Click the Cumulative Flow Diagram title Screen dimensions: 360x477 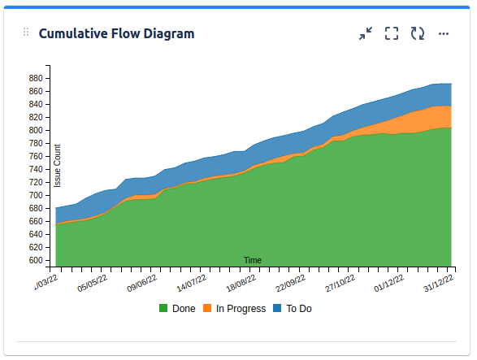pyautogui.click(x=116, y=33)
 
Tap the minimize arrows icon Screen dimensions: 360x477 pyautogui.click(x=366, y=33)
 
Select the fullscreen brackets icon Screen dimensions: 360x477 pyautogui.click(x=392, y=33)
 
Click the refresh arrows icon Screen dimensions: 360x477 pyautogui.click(x=418, y=33)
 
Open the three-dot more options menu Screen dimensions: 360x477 pyautogui.click(x=444, y=33)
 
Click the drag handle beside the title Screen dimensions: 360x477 pyautogui.click(x=26, y=33)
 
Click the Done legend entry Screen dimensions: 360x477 pyautogui.click(x=177, y=309)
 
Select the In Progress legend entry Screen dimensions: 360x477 pyautogui.click(x=234, y=309)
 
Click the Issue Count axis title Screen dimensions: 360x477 pyautogui.click(x=58, y=166)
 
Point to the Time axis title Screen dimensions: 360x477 pyautogui.click(x=253, y=260)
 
